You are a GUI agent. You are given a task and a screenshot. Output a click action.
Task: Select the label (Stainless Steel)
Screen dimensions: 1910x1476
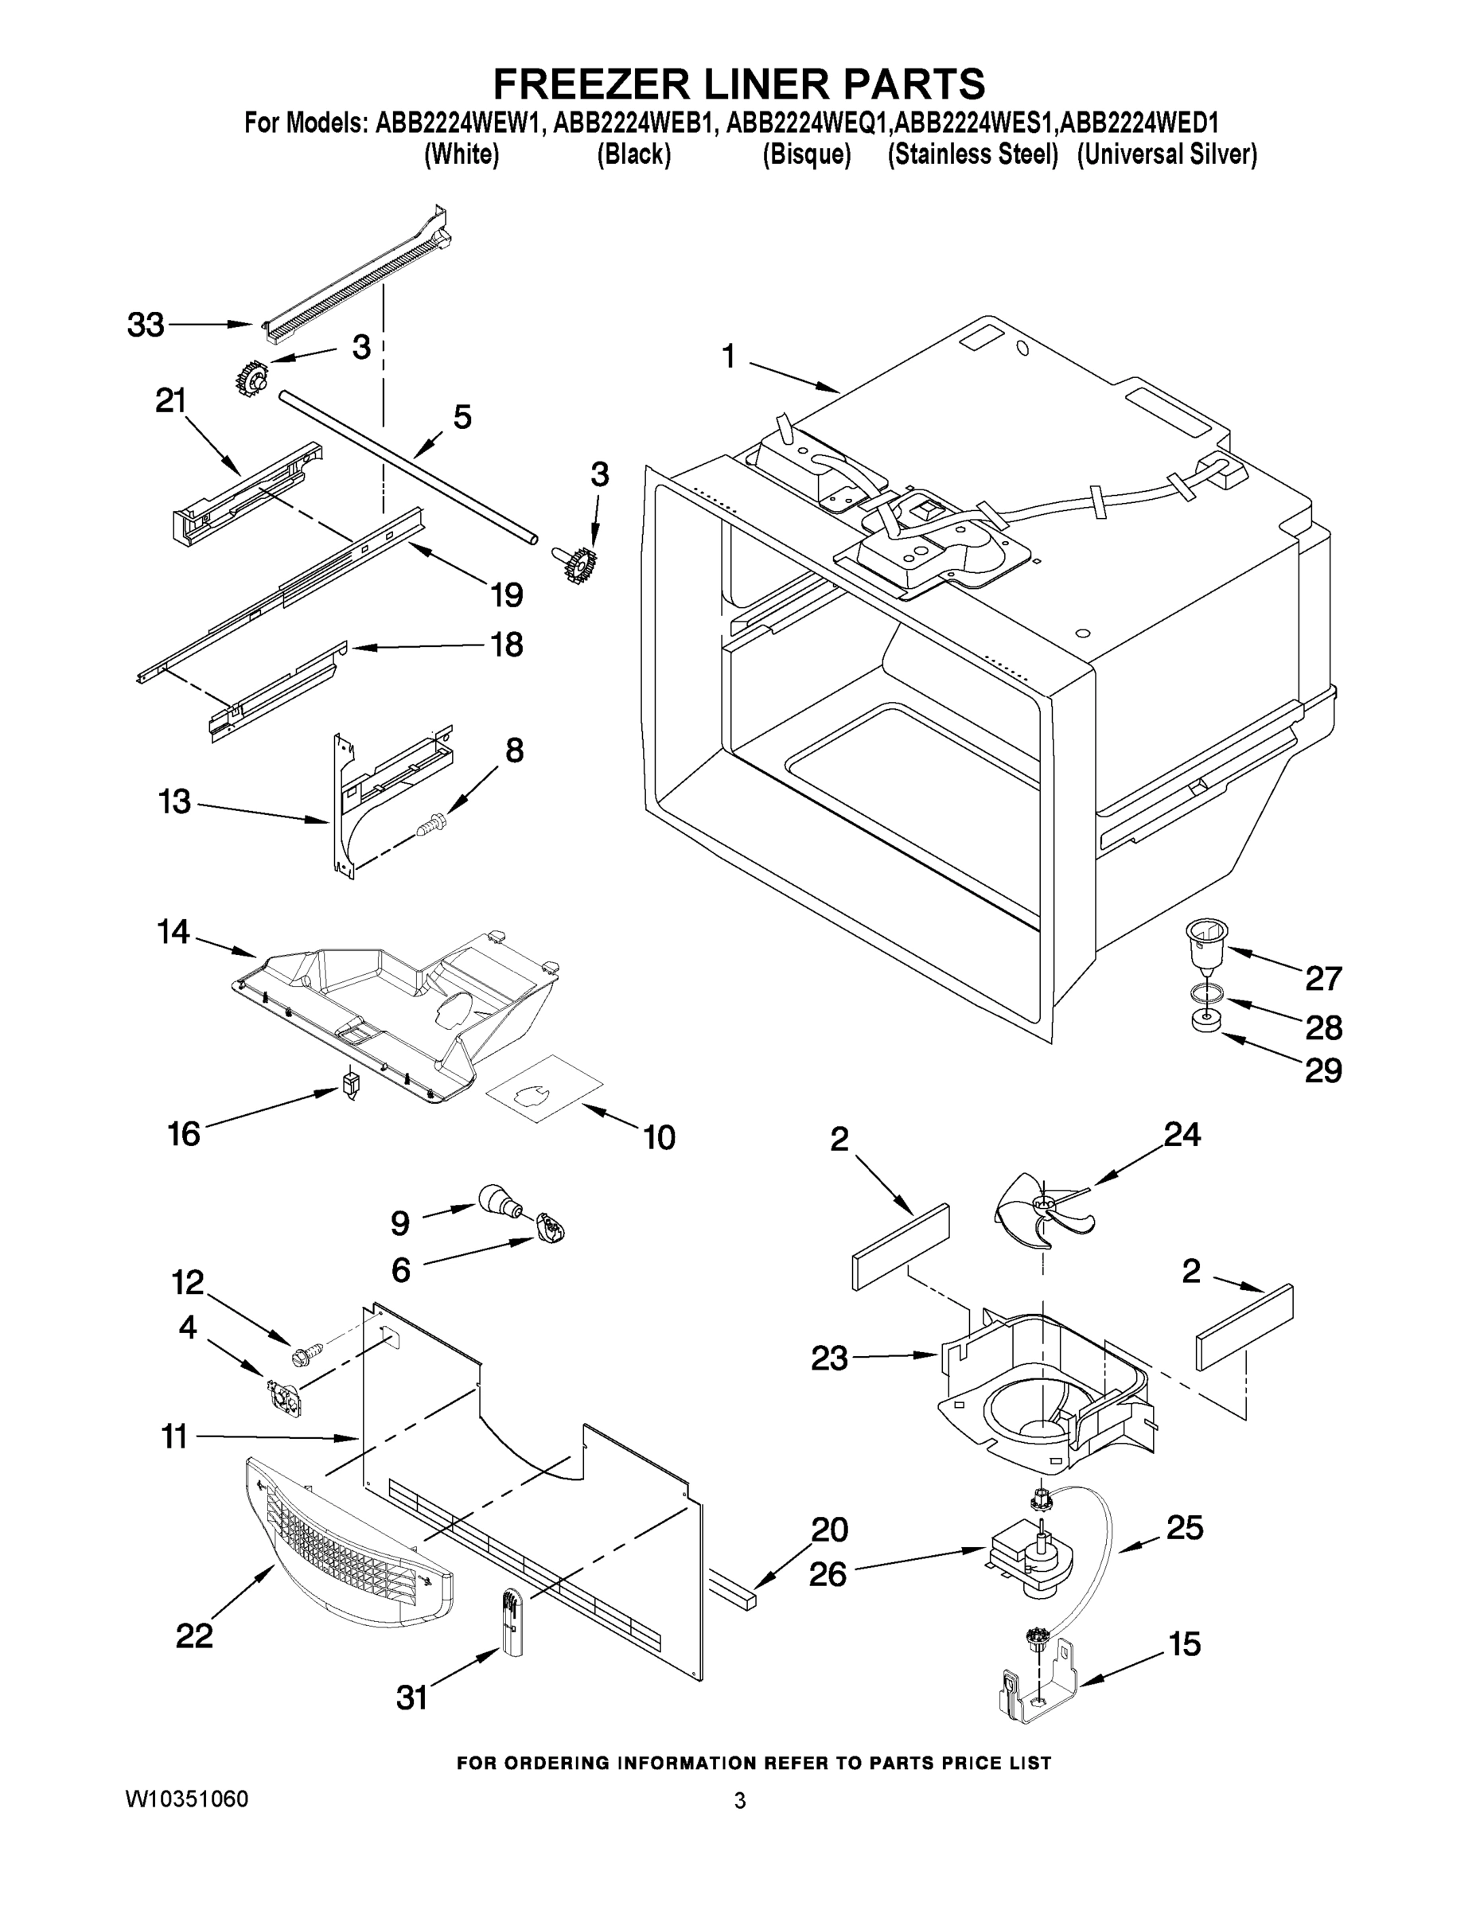pos(972,155)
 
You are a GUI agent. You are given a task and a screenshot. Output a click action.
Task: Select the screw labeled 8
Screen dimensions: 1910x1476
pos(432,822)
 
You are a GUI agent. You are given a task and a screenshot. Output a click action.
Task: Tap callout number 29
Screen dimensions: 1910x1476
pos(1323,1070)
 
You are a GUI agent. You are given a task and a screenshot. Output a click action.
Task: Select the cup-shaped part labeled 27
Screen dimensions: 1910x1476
pos(1205,944)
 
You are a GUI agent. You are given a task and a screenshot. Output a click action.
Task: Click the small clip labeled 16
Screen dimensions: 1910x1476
pos(352,1087)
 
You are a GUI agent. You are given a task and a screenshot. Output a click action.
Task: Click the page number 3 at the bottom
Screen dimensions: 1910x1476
pos(740,1801)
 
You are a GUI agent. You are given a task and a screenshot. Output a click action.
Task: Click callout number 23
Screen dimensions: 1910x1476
pos(829,1358)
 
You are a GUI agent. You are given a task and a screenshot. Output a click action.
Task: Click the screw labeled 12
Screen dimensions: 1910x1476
pos(306,1355)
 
